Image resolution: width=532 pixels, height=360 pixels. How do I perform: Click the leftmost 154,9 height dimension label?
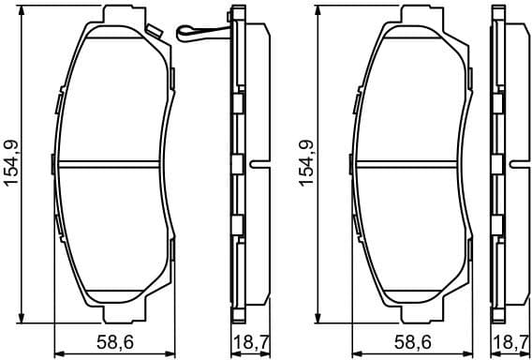coord(12,163)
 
